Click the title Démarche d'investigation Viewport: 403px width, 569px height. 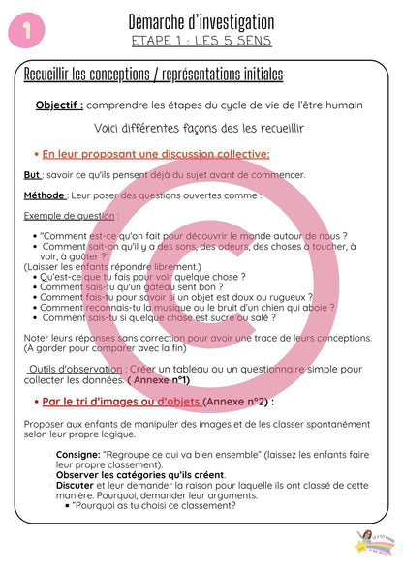pos(201,20)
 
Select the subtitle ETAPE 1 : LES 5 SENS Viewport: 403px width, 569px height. pos(201,41)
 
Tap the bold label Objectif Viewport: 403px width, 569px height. pos(59,105)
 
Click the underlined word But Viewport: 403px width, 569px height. pos(32,174)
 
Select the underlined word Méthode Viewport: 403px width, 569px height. pos(45,195)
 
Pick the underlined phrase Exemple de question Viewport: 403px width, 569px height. pos(69,215)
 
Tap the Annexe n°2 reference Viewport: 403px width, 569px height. pos(234,401)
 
